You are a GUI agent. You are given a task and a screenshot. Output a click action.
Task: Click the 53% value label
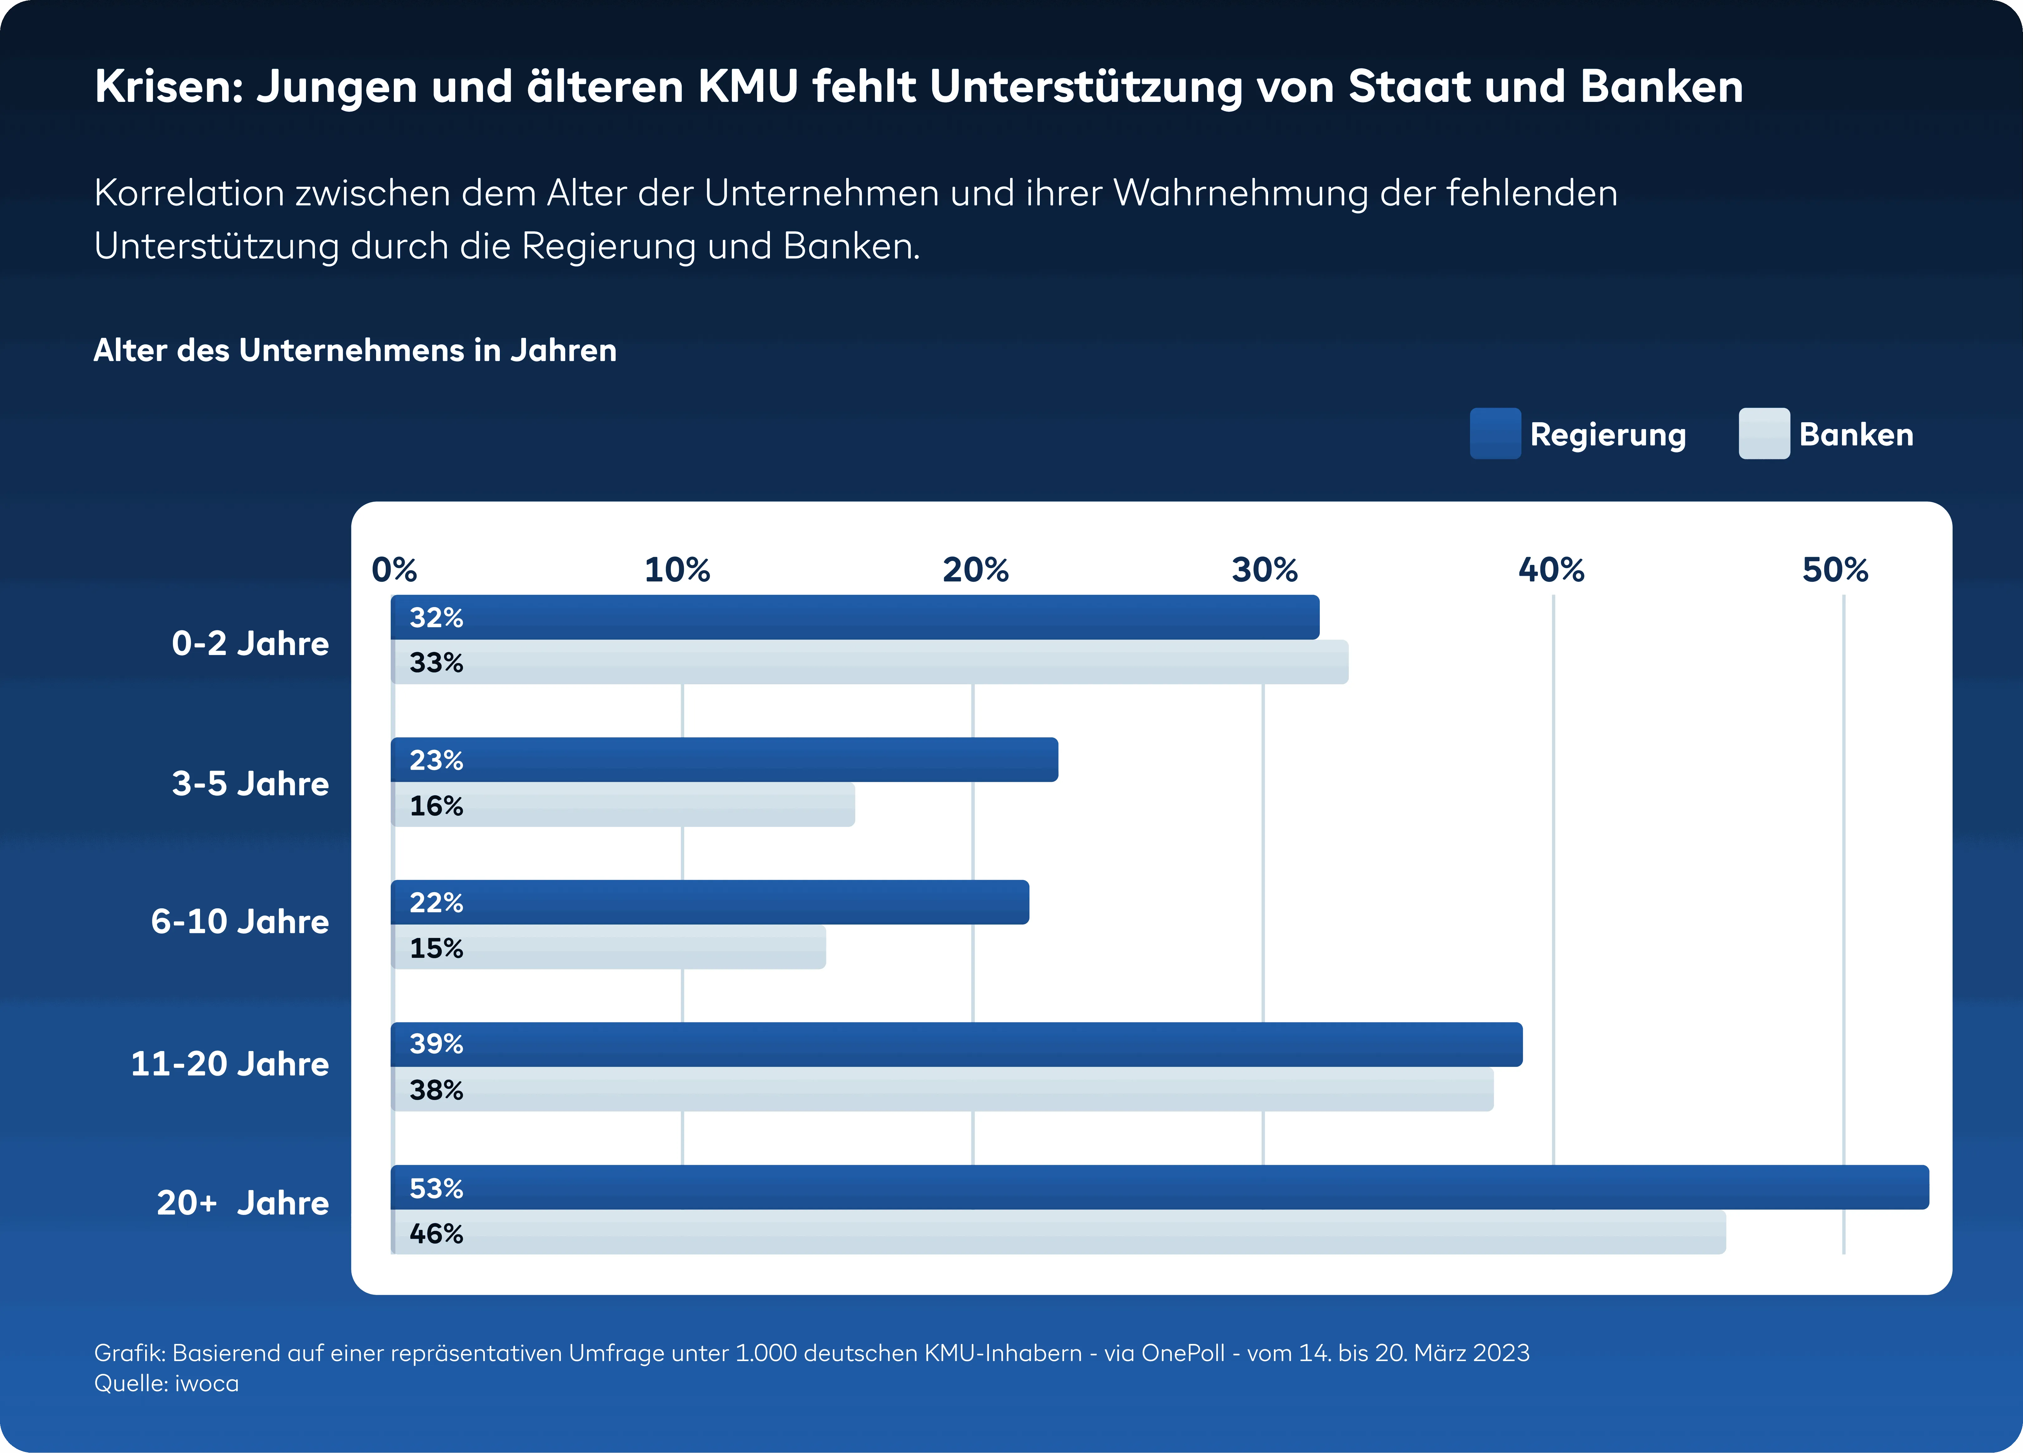[x=436, y=1188]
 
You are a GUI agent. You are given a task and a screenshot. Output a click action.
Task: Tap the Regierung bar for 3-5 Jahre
[x=724, y=760]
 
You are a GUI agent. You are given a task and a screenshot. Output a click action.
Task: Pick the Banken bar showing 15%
[x=608, y=947]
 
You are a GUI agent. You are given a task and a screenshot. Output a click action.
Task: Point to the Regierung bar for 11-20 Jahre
[x=956, y=1044]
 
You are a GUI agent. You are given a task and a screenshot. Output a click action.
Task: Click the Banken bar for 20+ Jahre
[x=1058, y=1233]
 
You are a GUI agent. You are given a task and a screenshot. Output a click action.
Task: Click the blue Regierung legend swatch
[x=1495, y=433]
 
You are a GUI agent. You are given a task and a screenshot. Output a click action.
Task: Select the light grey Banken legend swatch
[x=1763, y=433]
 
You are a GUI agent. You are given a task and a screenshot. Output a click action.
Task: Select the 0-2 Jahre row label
[x=250, y=643]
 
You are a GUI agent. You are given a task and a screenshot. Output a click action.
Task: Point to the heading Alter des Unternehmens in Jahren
[x=355, y=351]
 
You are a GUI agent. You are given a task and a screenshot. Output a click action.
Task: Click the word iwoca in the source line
[x=207, y=1384]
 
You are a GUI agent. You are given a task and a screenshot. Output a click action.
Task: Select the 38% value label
[x=436, y=1090]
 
